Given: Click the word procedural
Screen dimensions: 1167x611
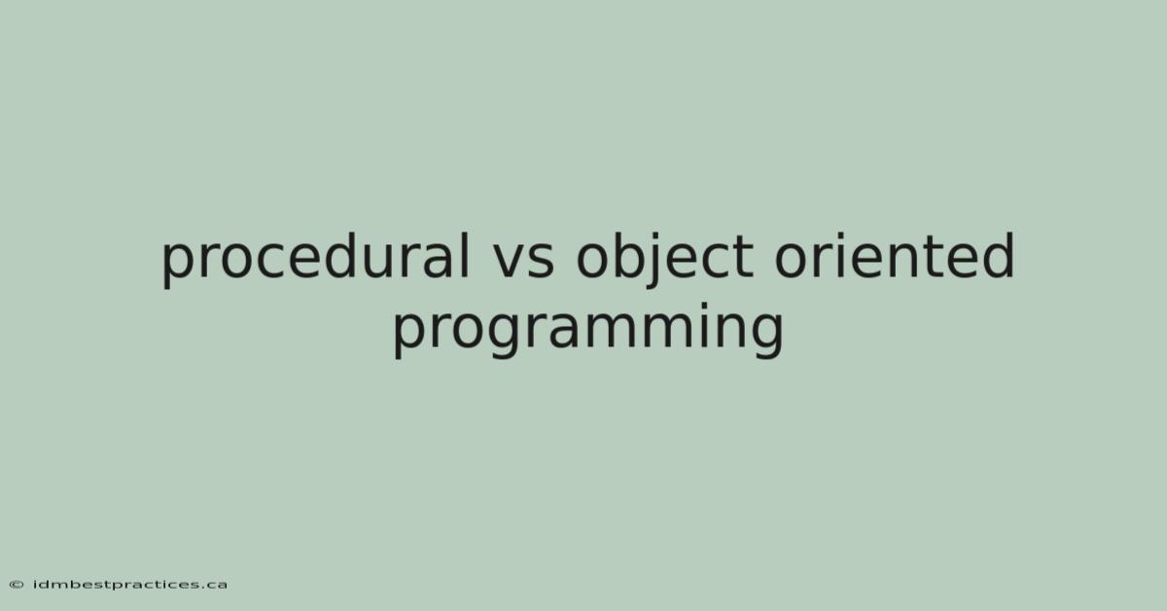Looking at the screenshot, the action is [316, 259].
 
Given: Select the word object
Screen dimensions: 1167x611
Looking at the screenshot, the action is [665, 259].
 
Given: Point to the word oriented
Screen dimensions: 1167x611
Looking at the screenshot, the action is [895, 256].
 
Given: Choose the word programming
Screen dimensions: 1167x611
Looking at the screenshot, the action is [588, 330].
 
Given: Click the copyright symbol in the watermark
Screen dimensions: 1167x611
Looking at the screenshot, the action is [17, 585].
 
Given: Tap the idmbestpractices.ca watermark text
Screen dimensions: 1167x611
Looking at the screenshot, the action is [130, 585].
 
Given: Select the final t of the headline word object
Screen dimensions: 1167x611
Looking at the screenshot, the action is [743, 259].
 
